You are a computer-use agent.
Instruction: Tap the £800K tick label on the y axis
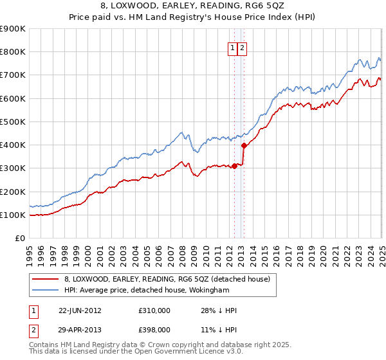[13, 52]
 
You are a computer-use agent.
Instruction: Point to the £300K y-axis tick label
[13, 168]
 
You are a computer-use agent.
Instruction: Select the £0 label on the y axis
[20, 239]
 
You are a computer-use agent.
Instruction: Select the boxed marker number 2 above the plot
[242, 47]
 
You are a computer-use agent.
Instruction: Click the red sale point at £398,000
[244, 145]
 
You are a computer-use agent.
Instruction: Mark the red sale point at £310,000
[234, 166]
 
